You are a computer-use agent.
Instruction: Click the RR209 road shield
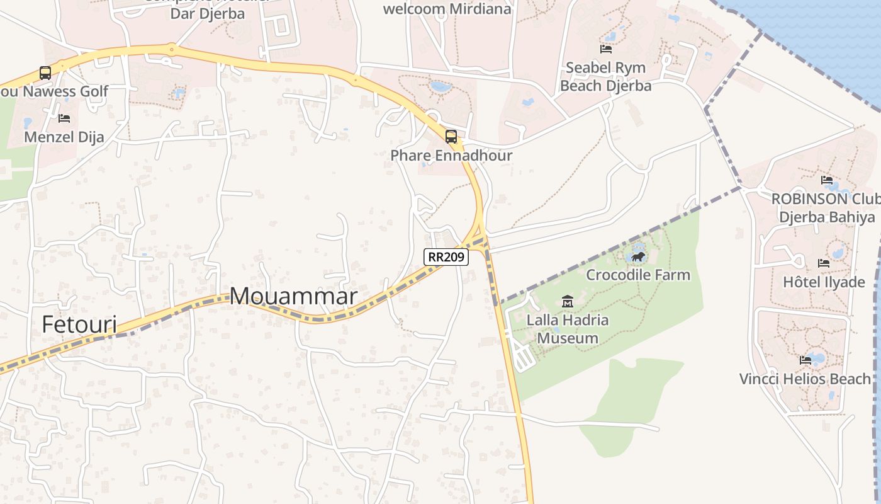click(446, 256)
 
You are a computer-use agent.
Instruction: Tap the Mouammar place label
click(293, 296)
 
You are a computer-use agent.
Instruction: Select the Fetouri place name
click(79, 324)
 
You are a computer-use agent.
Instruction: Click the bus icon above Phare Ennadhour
click(451, 136)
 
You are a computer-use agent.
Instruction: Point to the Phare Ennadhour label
click(451, 155)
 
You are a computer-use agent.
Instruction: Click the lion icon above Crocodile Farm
click(638, 256)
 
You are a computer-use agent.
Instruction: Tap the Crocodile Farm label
click(638, 275)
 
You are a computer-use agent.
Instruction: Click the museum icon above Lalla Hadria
click(568, 302)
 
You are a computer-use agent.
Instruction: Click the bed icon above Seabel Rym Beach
click(606, 49)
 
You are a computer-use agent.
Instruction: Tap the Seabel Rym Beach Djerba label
click(605, 76)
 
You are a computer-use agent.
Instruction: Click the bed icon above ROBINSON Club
click(827, 180)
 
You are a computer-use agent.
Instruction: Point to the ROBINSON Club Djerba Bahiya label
click(826, 208)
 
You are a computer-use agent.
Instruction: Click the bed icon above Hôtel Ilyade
click(824, 263)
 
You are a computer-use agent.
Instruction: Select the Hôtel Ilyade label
click(824, 282)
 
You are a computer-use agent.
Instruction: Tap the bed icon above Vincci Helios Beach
click(805, 360)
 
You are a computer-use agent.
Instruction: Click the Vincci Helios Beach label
click(805, 379)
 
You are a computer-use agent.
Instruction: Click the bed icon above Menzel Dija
click(64, 118)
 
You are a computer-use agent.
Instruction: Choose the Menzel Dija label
click(64, 137)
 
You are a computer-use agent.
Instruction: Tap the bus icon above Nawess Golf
click(45, 72)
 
